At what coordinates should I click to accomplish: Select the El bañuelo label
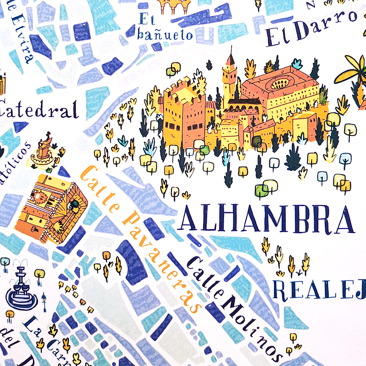(x=165, y=27)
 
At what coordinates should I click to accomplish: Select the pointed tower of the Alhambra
(x=230, y=74)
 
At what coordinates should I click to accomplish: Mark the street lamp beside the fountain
(x=44, y=304)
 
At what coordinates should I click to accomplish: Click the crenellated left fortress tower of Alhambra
(x=179, y=112)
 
